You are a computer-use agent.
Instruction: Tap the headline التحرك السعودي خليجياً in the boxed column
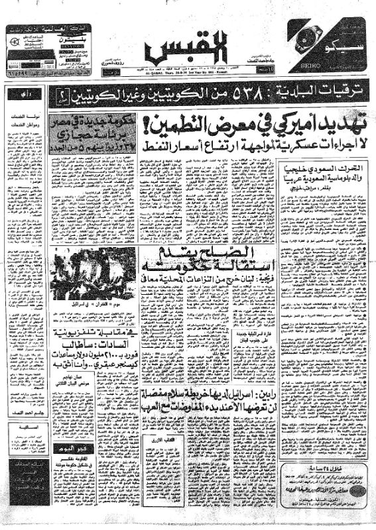click(321, 170)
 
